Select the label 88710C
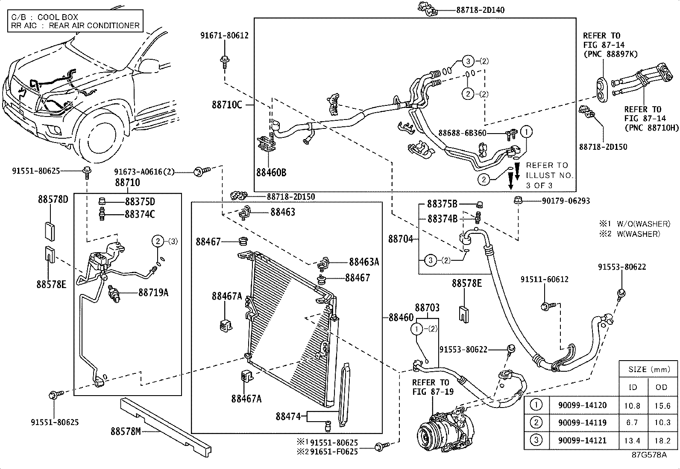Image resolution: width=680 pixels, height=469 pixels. tap(227, 105)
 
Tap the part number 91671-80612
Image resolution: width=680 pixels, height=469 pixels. tap(224, 36)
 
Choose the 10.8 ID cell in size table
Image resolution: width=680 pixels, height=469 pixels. tap(632, 406)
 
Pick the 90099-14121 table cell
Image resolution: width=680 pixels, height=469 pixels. tap(582, 440)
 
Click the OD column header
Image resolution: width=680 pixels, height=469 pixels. tap(661, 387)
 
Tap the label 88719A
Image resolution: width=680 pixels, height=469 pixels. tap(153, 293)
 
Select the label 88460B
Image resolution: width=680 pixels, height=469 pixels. tap(271, 173)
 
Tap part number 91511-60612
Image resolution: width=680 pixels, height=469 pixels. tap(544, 280)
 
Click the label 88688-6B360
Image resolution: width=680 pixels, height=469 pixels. tap(462, 133)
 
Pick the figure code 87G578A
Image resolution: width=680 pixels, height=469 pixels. tap(649, 455)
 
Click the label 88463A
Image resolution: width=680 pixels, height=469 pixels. tap(363, 262)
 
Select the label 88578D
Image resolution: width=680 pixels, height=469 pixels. tap(53, 199)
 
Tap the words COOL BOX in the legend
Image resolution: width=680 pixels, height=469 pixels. tap(58, 17)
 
